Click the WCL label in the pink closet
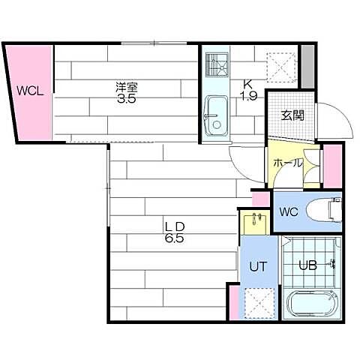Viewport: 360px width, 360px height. pyautogui.click(x=30, y=92)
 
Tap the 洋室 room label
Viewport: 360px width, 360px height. pyautogui.click(x=126, y=88)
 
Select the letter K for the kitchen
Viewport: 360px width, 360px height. pyautogui.click(x=246, y=84)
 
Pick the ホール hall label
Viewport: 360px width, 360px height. pyautogui.click(x=287, y=163)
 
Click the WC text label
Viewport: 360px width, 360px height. pyautogui.click(x=289, y=211)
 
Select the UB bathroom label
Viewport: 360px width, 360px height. pyautogui.click(x=308, y=265)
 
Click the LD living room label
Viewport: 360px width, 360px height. pyautogui.click(x=175, y=226)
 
